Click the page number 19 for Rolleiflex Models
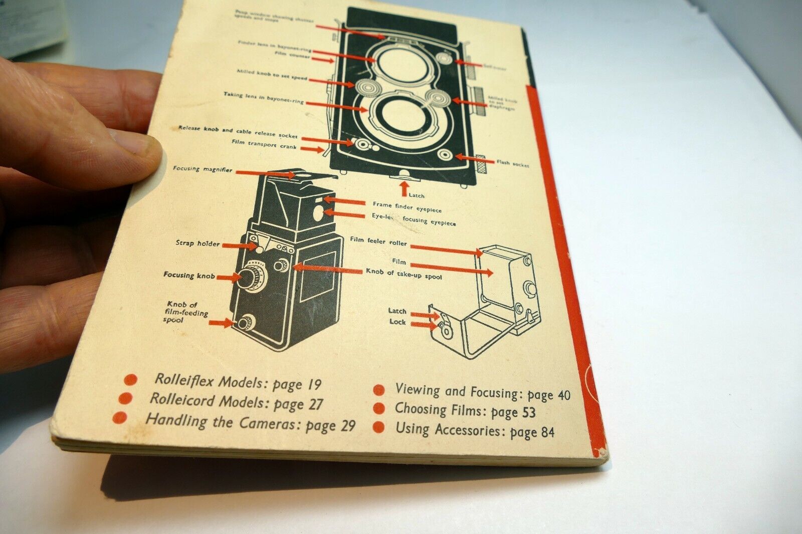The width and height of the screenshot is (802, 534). [x=313, y=385]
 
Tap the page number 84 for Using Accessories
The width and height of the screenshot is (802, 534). [x=545, y=432]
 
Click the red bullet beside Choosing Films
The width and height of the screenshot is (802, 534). [x=379, y=408]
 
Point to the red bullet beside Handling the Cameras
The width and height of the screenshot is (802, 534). [x=120, y=417]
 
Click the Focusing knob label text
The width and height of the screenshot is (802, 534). [x=189, y=275]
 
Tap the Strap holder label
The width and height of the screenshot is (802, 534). [x=197, y=243]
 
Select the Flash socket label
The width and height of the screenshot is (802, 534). [x=512, y=163]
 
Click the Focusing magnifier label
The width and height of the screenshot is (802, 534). [x=203, y=169]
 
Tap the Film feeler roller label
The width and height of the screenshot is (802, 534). [x=378, y=241]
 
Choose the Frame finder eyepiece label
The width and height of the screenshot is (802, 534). [x=407, y=206]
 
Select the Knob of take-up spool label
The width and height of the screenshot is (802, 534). [x=404, y=274]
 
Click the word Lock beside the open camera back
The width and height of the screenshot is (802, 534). [x=397, y=322]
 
